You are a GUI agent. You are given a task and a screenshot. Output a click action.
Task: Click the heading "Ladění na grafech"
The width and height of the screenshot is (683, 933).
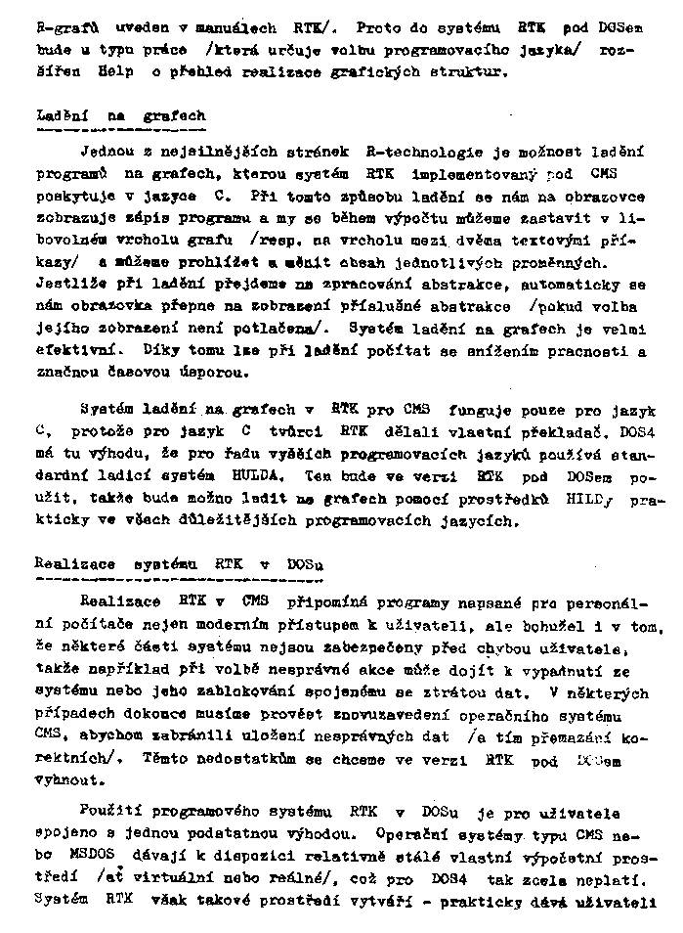point(120,116)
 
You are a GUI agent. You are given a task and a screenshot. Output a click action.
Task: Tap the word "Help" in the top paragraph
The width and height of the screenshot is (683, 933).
point(116,72)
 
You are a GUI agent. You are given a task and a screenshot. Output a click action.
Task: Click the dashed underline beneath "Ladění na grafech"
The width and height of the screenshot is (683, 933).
point(120,128)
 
